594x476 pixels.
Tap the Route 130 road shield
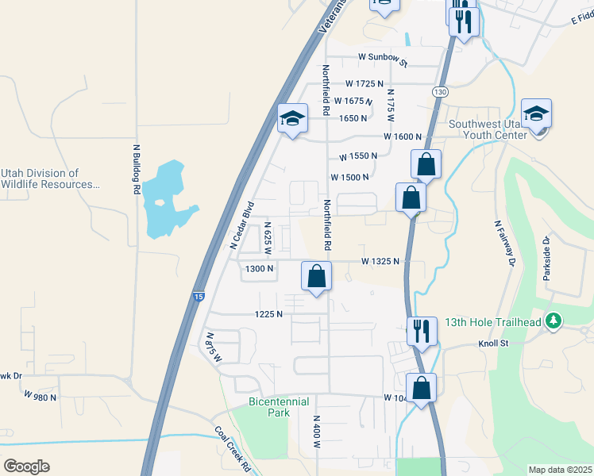(x=439, y=92)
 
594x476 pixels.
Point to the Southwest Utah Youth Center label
(x=488, y=129)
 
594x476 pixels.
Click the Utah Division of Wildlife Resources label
(x=50, y=178)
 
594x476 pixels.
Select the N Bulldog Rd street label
(x=136, y=169)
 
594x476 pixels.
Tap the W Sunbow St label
(x=382, y=58)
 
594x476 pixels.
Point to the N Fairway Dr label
(x=504, y=243)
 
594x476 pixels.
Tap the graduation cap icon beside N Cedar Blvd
(x=292, y=118)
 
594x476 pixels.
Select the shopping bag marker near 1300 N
(x=316, y=276)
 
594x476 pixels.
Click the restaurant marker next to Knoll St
(x=422, y=329)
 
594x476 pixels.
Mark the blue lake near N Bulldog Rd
(x=168, y=200)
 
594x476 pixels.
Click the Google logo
(x=25, y=466)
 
